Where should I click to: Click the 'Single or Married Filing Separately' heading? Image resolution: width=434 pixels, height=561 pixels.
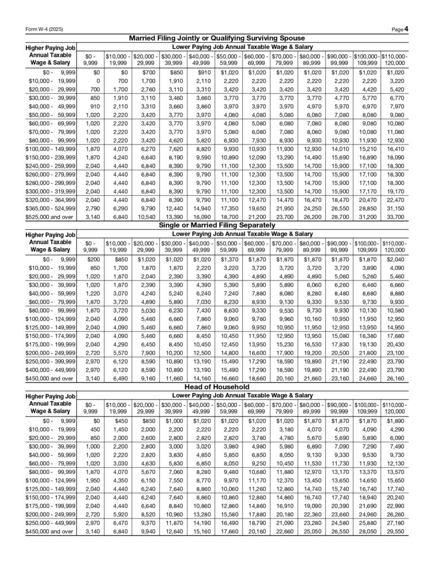pyautogui.click(x=217, y=224)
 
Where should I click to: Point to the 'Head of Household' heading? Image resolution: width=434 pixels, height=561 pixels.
pyautogui.click(x=217, y=387)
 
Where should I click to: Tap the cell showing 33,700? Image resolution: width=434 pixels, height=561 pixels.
pyautogui.click(x=394, y=216)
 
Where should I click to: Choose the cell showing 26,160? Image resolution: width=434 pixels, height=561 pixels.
pyautogui.click(x=394, y=379)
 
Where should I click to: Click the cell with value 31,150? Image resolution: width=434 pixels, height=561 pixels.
pyautogui.click(x=394, y=208)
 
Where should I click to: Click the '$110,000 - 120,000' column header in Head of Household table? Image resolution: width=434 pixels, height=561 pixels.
pyautogui.click(x=394, y=407)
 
